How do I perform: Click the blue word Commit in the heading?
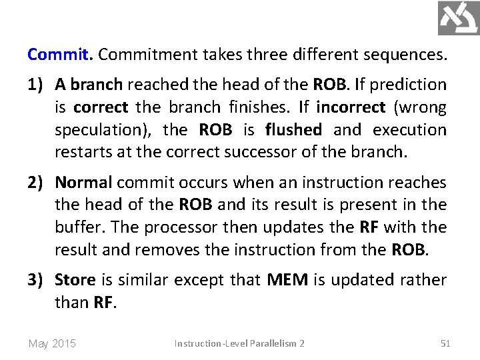pyautogui.click(x=58, y=54)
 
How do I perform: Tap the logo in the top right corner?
pyautogui.click(x=458, y=18)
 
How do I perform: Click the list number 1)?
pyautogui.click(x=37, y=85)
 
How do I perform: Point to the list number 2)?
pyautogui.click(x=37, y=182)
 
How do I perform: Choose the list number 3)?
pyautogui.click(x=37, y=280)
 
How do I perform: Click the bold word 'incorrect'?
pyautogui.click(x=351, y=107)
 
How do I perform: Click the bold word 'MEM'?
pyautogui.click(x=287, y=280)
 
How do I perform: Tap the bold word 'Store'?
pyautogui.click(x=75, y=280)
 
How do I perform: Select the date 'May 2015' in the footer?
pyautogui.click(x=52, y=344)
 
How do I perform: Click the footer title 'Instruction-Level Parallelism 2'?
pyautogui.click(x=239, y=343)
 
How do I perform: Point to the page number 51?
pyautogui.click(x=446, y=343)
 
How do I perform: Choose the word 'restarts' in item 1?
pyautogui.click(x=83, y=153)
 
